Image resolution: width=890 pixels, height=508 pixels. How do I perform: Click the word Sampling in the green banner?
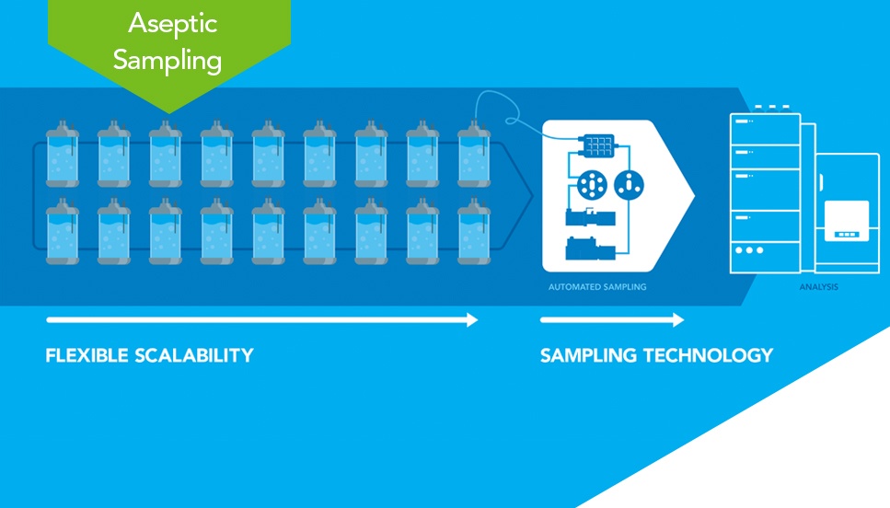(x=168, y=60)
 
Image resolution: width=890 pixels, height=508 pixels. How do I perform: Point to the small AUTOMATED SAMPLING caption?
(x=597, y=287)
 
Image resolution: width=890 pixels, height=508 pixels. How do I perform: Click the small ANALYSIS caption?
(x=819, y=287)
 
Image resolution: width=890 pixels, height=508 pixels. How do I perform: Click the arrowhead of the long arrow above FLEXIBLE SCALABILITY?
(x=472, y=320)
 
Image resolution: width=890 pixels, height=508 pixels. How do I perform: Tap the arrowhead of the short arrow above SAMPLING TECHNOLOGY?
(x=678, y=320)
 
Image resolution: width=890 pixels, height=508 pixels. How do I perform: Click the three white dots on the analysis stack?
(x=749, y=249)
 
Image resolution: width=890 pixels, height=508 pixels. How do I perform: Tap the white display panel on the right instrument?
(x=847, y=220)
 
